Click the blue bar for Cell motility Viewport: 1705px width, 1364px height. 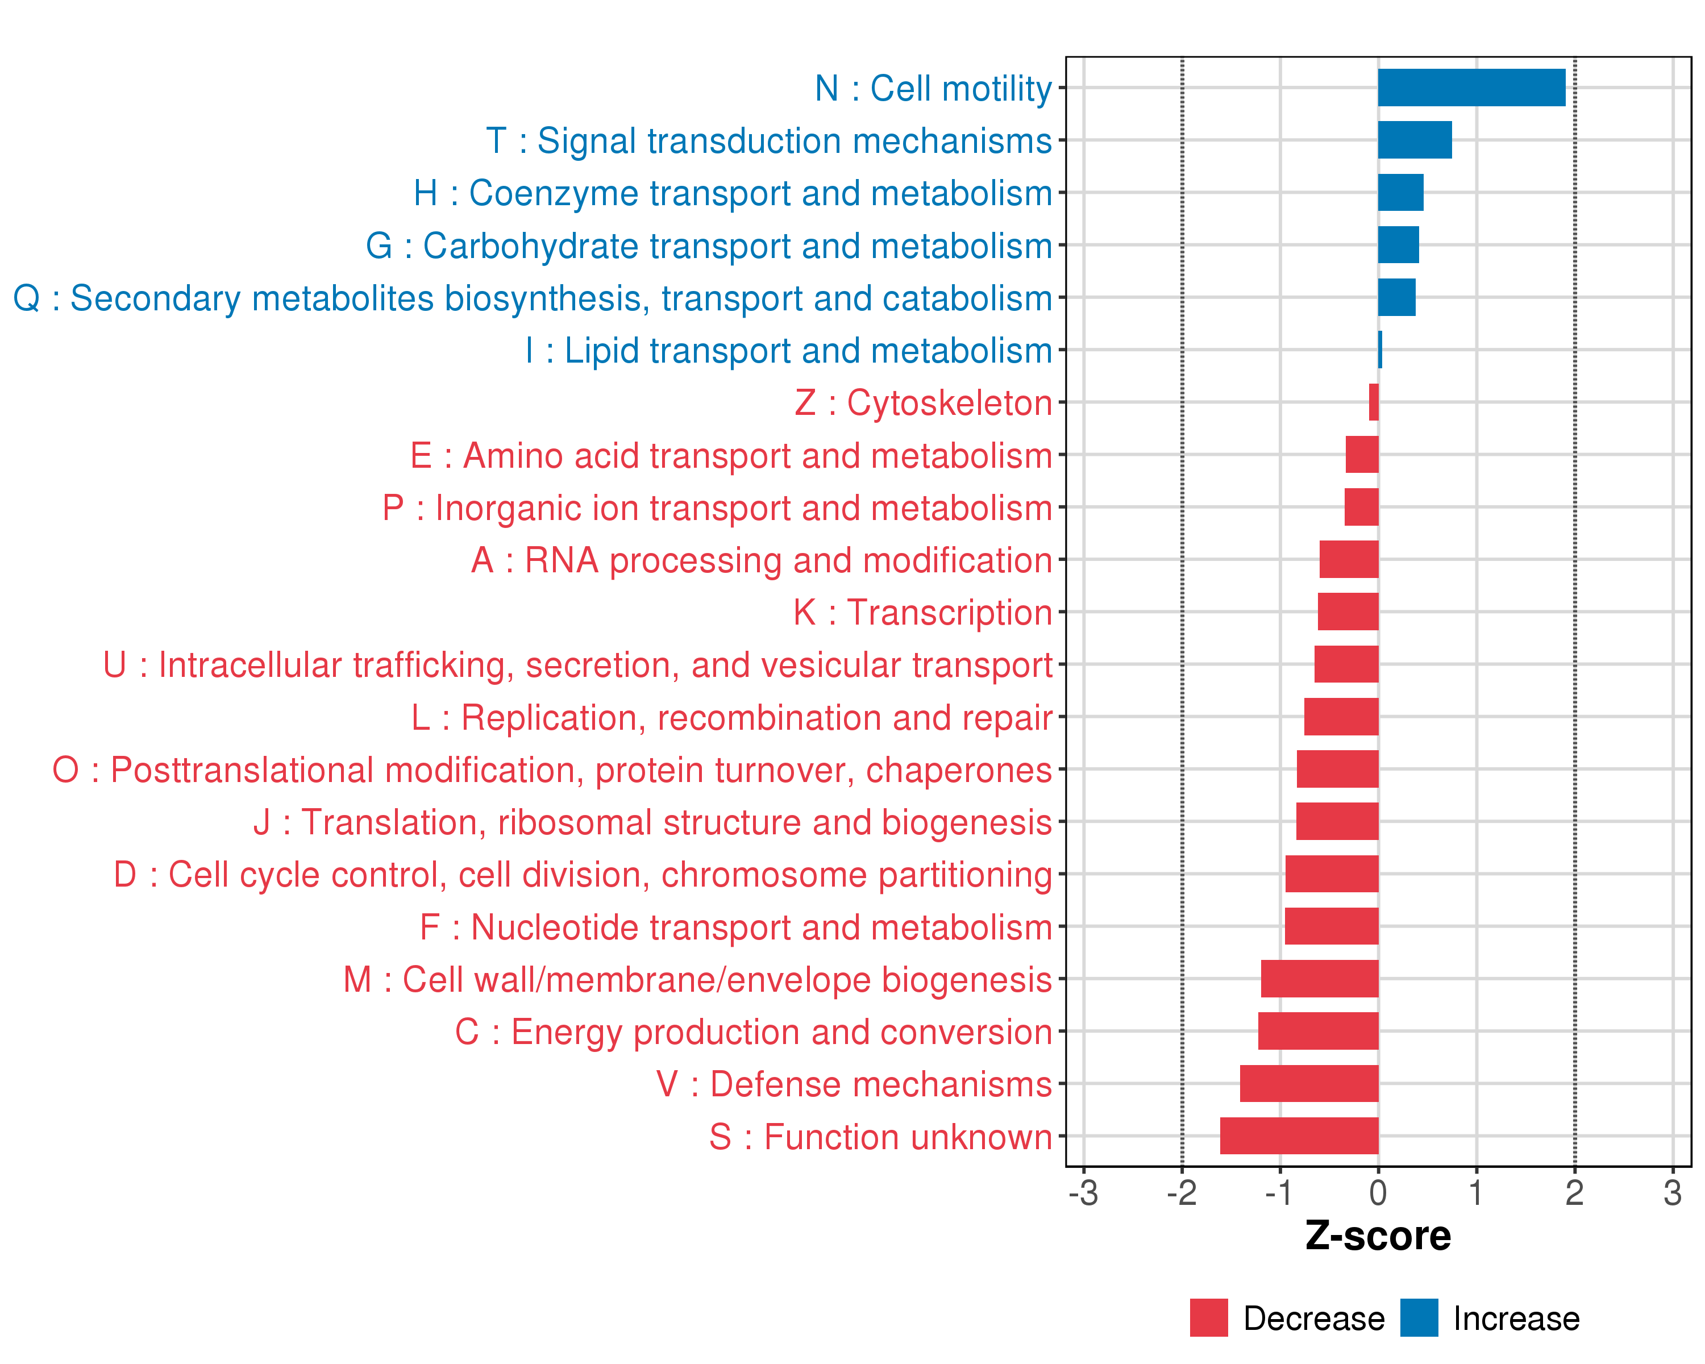(x=1471, y=88)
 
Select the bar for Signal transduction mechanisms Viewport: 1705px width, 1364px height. (x=1414, y=140)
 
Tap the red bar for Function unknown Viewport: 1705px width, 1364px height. (x=1299, y=1136)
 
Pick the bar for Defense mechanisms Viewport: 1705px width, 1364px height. (x=1309, y=1083)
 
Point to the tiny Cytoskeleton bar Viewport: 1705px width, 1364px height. (x=1374, y=402)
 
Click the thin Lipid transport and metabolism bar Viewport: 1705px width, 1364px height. (x=1380, y=350)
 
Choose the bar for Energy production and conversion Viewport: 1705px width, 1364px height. (x=1319, y=1031)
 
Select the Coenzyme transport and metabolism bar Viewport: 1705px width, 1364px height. (x=1400, y=193)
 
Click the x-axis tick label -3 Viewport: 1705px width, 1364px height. (x=1083, y=1193)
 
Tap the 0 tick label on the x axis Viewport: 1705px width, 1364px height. (x=1378, y=1193)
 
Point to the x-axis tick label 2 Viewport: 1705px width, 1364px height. (x=1574, y=1193)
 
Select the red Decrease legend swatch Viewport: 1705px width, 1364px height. (x=1208, y=1318)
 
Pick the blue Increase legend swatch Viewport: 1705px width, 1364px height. (x=1419, y=1318)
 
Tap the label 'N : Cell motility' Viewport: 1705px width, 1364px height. (x=933, y=89)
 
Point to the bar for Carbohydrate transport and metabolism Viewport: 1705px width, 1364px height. (x=1398, y=245)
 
